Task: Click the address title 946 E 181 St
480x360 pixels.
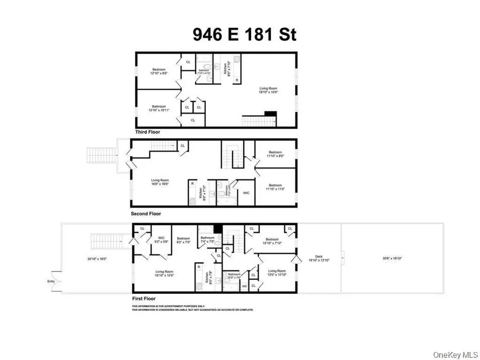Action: point(244,35)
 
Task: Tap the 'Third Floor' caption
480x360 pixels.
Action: point(147,132)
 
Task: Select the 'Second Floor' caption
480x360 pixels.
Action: point(146,214)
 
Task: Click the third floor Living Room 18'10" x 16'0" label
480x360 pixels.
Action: point(270,90)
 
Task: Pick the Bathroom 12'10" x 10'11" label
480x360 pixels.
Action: point(159,108)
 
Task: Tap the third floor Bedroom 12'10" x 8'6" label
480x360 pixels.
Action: point(159,71)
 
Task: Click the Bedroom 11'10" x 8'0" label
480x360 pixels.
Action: point(275,154)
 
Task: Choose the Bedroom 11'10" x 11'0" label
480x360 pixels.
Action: point(275,187)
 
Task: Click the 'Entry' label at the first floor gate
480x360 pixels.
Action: point(51,281)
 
